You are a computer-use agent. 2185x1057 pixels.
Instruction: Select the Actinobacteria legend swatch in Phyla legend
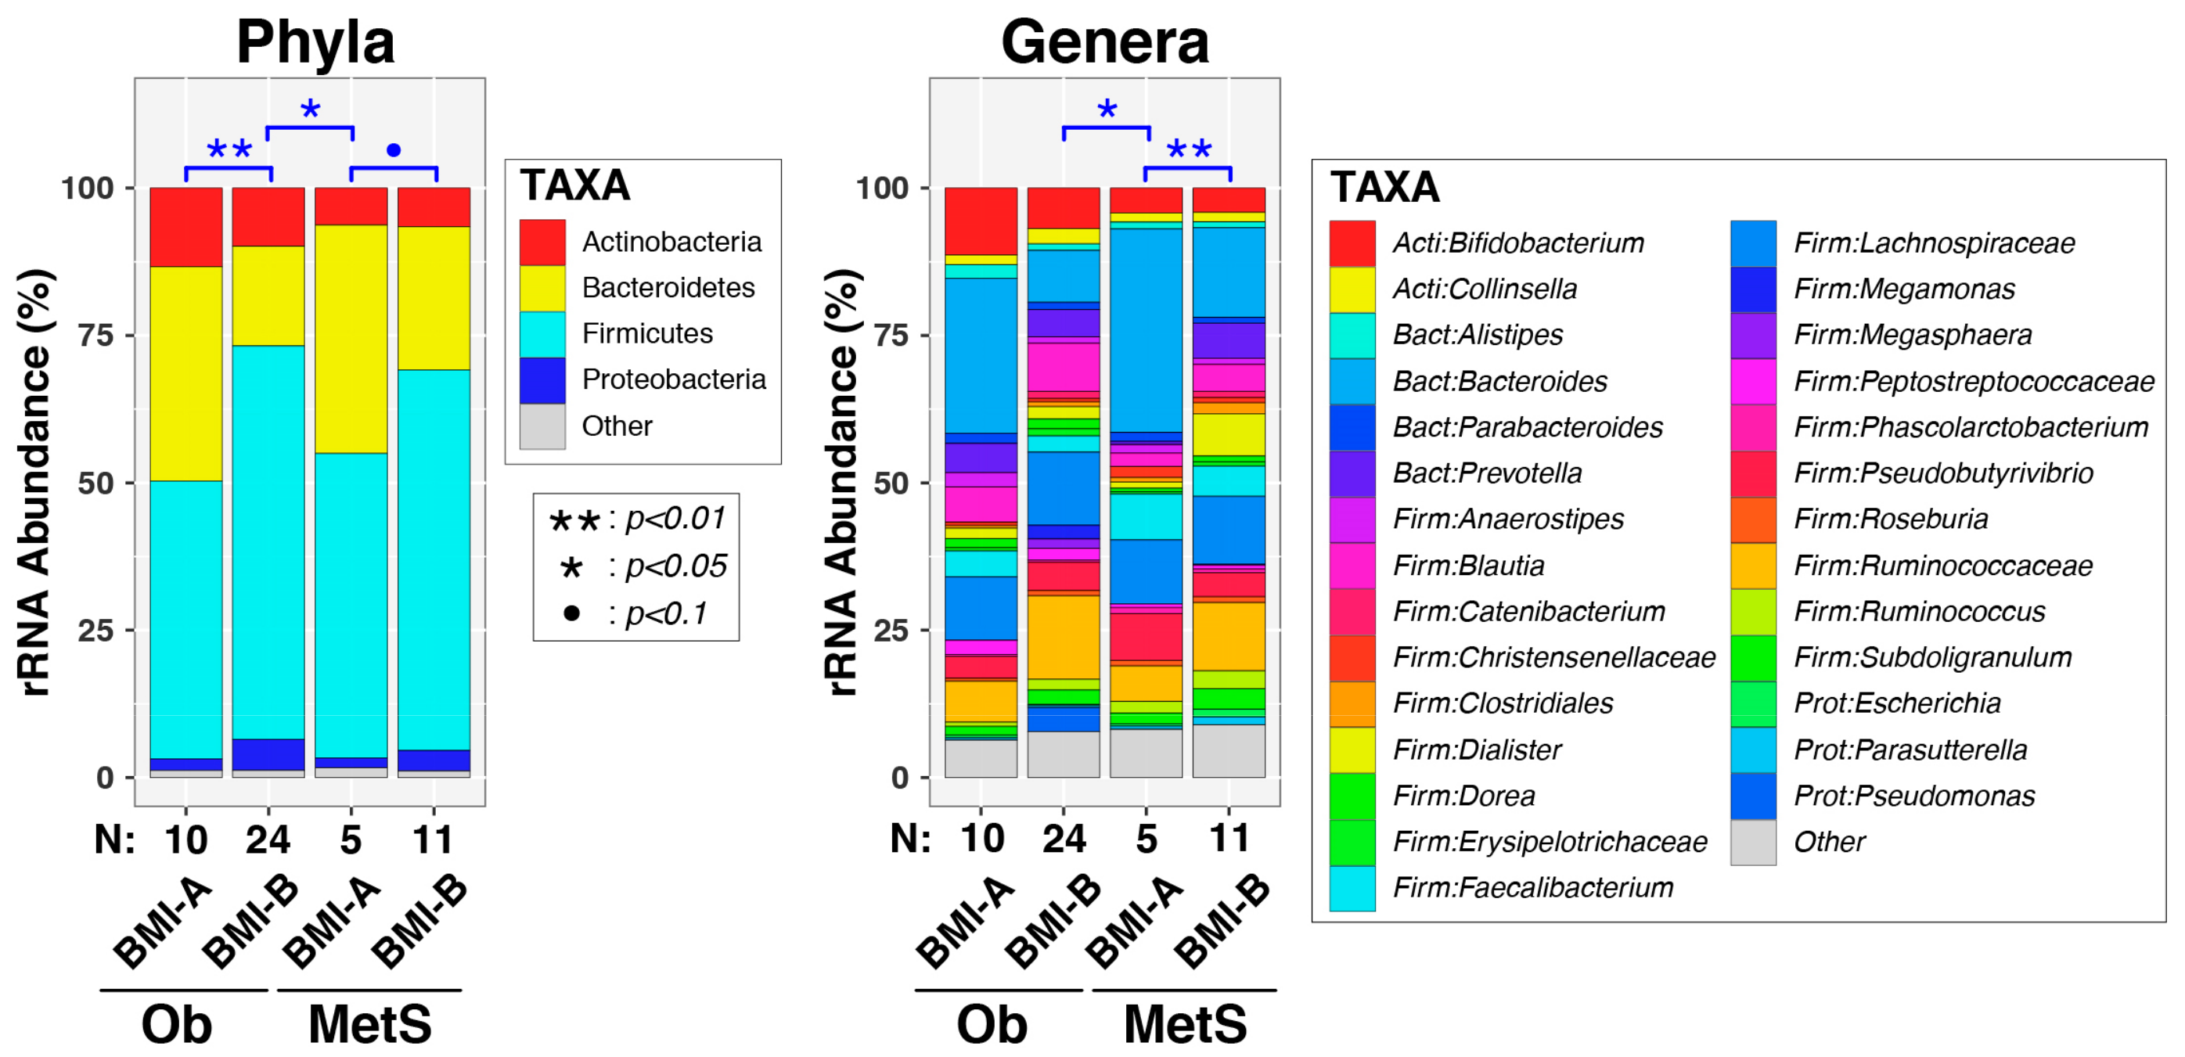[542, 242]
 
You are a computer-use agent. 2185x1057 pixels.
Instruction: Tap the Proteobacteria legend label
[674, 379]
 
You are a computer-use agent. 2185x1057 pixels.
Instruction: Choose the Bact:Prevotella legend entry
[1487, 473]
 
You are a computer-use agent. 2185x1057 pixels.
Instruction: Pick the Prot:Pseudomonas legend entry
[1913, 796]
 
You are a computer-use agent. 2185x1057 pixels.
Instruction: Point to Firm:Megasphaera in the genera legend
[1912, 334]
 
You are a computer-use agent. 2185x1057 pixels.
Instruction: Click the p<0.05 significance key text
[675, 566]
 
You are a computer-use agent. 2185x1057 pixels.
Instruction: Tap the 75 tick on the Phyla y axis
[95, 335]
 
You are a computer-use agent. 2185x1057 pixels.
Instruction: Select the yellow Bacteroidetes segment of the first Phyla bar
[185, 373]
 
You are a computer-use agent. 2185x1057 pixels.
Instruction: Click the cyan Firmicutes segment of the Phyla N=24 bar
[268, 543]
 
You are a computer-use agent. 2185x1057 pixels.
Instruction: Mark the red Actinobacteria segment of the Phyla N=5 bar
[351, 206]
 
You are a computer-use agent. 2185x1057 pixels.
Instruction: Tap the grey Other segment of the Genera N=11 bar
[1228, 751]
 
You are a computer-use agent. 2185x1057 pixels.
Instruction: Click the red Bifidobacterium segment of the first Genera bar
[981, 221]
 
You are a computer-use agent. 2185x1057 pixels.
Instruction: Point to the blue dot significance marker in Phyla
[394, 150]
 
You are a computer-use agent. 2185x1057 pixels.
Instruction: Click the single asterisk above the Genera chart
[1107, 110]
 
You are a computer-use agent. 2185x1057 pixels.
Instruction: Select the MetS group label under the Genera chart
[1184, 1024]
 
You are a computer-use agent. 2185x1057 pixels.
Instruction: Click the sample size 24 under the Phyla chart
[268, 839]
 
